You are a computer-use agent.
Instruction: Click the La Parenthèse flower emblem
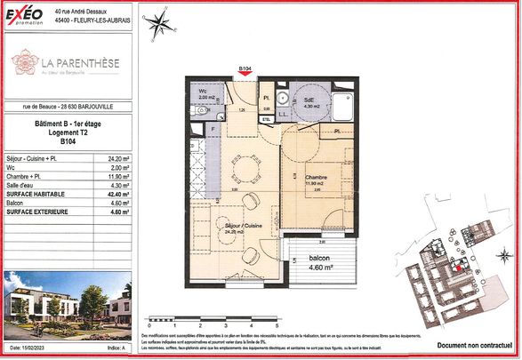[24, 62]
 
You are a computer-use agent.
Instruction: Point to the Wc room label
[204, 92]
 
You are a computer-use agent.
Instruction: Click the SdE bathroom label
[309, 101]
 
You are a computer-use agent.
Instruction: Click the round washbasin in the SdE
[281, 99]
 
